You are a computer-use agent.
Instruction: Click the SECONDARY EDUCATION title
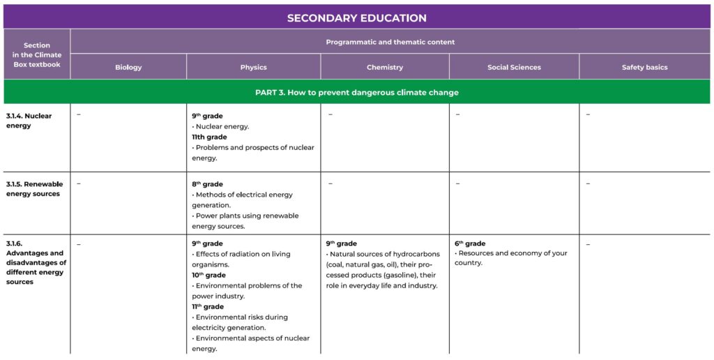(x=356, y=18)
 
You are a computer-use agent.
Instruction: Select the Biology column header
(x=128, y=68)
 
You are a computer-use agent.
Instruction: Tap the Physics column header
(x=253, y=68)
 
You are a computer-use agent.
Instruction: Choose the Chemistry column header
(x=385, y=68)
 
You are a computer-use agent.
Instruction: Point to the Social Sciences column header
(x=514, y=68)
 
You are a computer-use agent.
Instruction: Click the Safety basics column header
(x=644, y=68)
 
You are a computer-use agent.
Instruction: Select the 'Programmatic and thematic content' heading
(x=390, y=42)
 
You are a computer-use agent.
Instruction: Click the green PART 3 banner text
(x=356, y=92)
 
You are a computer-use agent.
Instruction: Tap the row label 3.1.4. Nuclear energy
(x=29, y=121)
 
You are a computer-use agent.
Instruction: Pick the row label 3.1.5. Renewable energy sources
(x=34, y=189)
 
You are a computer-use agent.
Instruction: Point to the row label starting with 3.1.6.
(x=35, y=263)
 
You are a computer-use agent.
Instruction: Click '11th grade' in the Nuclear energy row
(x=209, y=137)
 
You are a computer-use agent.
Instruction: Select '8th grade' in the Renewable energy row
(x=207, y=184)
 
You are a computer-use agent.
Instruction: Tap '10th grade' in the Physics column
(x=208, y=275)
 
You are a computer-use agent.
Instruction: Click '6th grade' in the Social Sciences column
(x=470, y=243)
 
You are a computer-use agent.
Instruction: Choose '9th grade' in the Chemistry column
(x=341, y=243)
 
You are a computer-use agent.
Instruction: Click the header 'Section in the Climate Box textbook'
(x=37, y=54)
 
